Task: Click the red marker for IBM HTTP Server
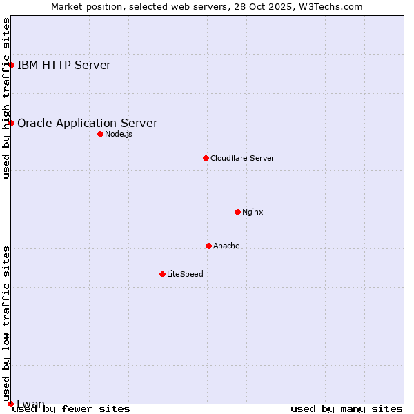(x=12, y=65)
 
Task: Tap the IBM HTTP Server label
(x=63, y=66)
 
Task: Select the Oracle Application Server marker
(x=12, y=123)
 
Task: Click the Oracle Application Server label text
(x=87, y=124)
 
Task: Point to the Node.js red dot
(x=100, y=134)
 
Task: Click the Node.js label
(x=119, y=134)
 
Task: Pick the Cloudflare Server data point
(x=206, y=158)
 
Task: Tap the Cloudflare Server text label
(x=242, y=158)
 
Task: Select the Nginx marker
(x=237, y=212)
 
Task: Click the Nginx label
(x=253, y=212)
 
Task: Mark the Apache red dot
(x=208, y=246)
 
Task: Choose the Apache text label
(x=226, y=246)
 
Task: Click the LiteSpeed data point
(x=162, y=274)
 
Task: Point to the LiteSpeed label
(x=185, y=274)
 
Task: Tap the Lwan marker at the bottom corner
(x=10, y=404)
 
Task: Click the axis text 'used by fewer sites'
(x=71, y=408)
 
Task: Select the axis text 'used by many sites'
(x=346, y=408)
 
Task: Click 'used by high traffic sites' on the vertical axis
(x=6, y=98)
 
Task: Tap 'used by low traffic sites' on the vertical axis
(x=6, y=318)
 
